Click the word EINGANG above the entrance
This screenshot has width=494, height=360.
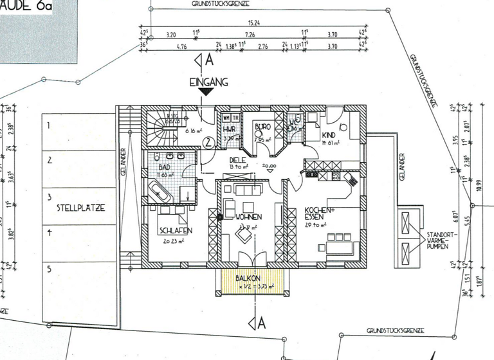tap(209, 83)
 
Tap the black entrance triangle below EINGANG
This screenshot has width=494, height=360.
tap(206, 93)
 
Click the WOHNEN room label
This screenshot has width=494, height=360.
tap(248, 217)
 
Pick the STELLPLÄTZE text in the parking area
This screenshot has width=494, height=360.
tap(80, 208)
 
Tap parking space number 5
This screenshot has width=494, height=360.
tap(48, 269)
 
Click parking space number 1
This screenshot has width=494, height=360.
tap(48, 125)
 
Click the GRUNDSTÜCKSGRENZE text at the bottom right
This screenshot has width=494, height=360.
tap(395, 330)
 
